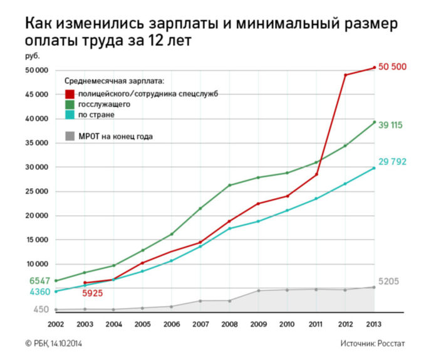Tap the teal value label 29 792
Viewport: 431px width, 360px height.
(393, 162)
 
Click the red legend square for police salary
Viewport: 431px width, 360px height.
(70, 93)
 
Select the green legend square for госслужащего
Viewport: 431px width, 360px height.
(70, 104)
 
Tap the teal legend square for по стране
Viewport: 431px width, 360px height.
(70, 115)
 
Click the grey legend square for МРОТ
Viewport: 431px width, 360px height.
(70, 136)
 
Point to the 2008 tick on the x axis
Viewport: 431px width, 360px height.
(229, 324)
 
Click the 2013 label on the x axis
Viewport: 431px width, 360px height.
(374, 324)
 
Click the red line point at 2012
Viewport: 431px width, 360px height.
(345, 75)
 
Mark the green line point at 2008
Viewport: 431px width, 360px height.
(229, 185)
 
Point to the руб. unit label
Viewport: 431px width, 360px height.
(32, 58)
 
